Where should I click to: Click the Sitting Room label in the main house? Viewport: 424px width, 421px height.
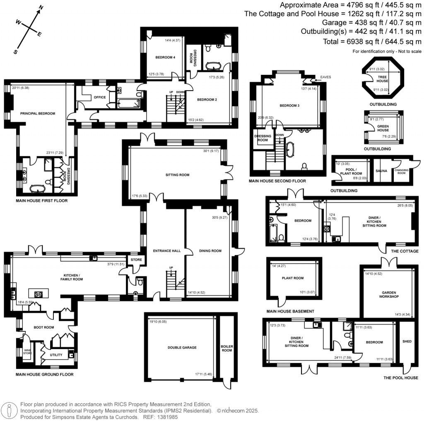click(x=177, y=175)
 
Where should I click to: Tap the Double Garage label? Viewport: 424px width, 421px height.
click(x=182, y=347)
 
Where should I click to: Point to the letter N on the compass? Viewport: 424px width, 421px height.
click(x=41, y=7)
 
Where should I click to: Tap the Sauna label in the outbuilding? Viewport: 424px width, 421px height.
click(x=381, y=170)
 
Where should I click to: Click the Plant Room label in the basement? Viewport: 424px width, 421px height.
click(x=292, y=278)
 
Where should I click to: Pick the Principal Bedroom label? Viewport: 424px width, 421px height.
click(x=38, y=113)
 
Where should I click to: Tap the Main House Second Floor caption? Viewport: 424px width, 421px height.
click(x=277, y=181)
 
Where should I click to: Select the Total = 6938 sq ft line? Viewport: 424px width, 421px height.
click(x=372, y=42)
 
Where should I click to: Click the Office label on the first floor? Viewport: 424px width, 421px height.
click(x=100, y=97)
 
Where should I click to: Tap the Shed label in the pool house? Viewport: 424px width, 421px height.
click(x=407, y=342)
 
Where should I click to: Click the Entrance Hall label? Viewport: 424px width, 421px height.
click(x=166, y=251)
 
